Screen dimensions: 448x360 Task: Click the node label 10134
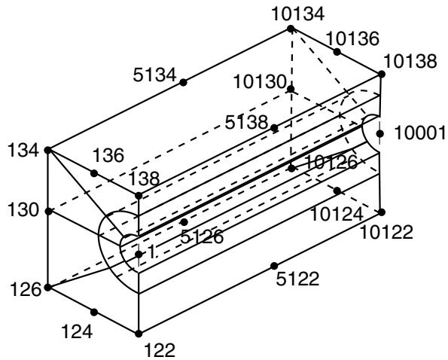tap(297, 14)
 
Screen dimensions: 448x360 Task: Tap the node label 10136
tap(352, 38)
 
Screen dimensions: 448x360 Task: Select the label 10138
tap(410, 61)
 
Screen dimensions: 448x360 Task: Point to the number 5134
tap(154, 75)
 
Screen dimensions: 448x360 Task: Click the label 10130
tap(260, 81)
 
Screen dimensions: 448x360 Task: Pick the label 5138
tap(246, 122)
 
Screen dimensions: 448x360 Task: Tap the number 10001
tap(420, 133)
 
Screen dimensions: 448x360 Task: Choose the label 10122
tap(386, 232)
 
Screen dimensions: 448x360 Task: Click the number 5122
tap(297, 279)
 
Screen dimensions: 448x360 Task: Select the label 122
tap(160, 350)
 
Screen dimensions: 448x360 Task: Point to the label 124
tap(77, 331)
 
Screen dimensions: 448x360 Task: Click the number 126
tap(26, 289)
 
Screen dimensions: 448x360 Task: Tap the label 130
tap(23, 210)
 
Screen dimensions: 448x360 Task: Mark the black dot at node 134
tap(47, 150)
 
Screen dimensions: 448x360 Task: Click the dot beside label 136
tap(94, 173)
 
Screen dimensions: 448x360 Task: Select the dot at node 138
tap(139, 196)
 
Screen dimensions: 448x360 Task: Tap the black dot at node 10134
tap(291, 29)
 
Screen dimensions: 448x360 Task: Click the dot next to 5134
tap(183, 82)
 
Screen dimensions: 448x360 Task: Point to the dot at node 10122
tap(382, 212)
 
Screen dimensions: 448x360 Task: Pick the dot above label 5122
tap(274, 266)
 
